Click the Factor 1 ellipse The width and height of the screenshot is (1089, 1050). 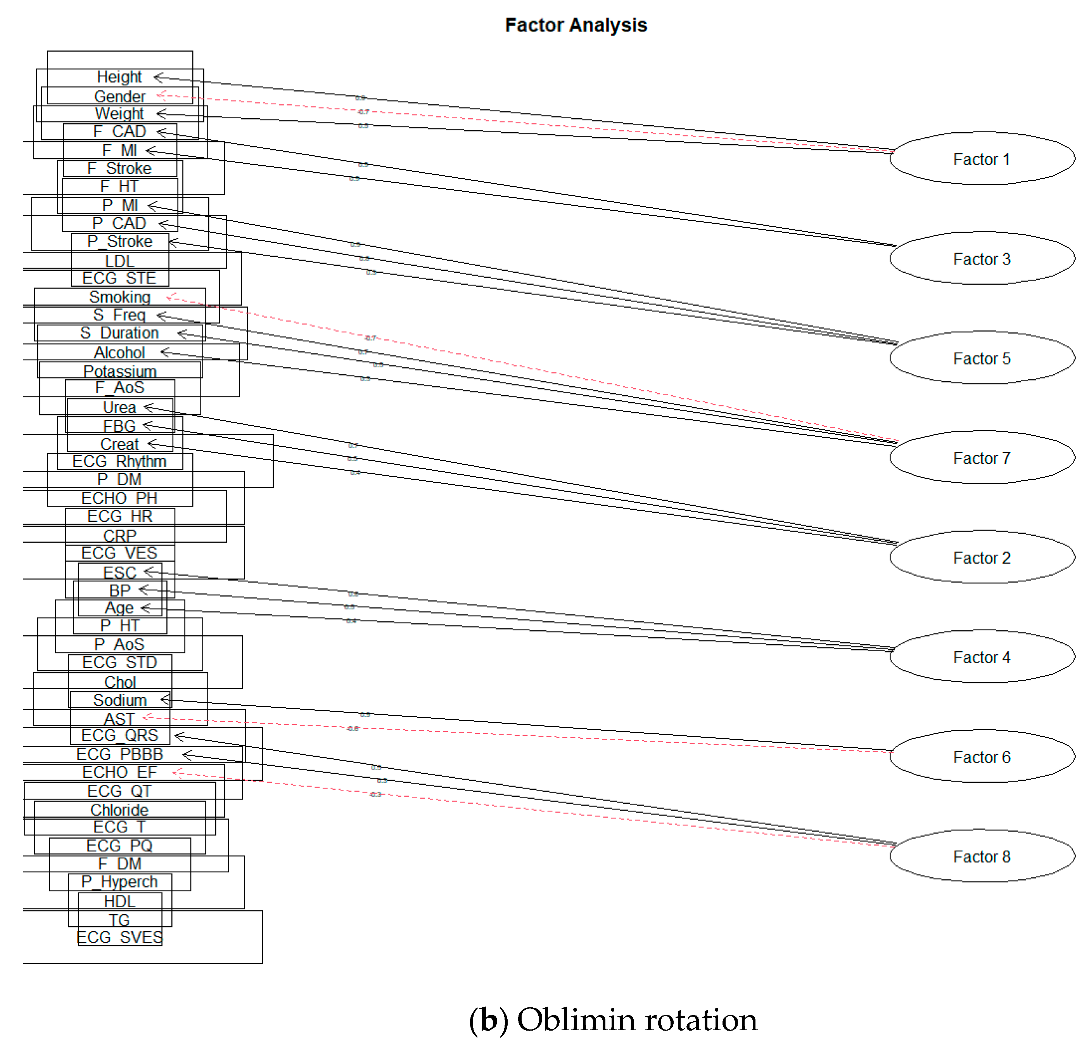pos(981,159)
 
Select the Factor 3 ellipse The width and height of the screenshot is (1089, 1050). pos(981,259)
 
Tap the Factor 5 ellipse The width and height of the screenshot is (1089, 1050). pos(981,358)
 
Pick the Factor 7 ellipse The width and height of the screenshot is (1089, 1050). pos(981,458)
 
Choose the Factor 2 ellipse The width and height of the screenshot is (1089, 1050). pos(981,558)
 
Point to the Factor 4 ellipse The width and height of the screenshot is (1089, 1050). pos(981,657)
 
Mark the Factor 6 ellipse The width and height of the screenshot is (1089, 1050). pos(981,757)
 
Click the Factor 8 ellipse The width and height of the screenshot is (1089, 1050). pos(981,857)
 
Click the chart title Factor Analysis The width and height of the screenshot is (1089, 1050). pos(576,25)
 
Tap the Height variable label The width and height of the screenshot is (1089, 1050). pos(119,77)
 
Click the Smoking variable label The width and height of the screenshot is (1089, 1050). pos(119,297)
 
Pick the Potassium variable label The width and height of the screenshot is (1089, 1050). pos(119,371)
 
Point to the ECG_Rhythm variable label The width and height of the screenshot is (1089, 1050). pos(119,461)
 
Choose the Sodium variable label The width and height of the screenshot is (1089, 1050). pos(119,700)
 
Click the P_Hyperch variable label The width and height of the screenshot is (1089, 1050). pos(119,882)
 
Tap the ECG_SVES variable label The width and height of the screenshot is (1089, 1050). pos(119,937)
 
